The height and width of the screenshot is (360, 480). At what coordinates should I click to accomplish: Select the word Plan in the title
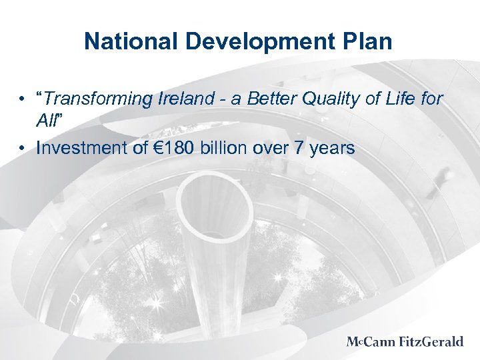click(x=371, y=42)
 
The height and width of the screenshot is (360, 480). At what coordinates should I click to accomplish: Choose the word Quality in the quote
click(x=336, y=99)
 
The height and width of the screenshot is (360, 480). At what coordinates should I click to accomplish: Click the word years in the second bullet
click(x=331, y=149)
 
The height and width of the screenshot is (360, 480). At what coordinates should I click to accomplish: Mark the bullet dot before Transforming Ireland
click(x=23, y=100)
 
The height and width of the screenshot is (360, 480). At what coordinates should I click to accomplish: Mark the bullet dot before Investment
click(x=23, y=148)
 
